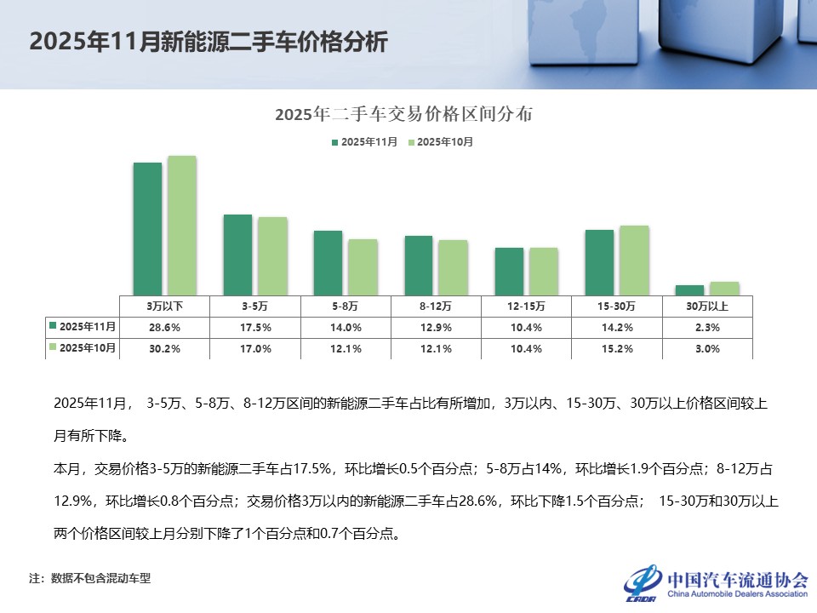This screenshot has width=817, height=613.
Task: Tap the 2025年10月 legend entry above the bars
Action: click(441, 142)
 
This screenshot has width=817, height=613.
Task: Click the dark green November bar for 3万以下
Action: click(147, 228)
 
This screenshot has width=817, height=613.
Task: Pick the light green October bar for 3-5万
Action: click(272, 255)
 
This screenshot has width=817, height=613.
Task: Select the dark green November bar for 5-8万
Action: click(328, 262)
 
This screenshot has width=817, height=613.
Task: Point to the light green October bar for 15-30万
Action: click(634, 260)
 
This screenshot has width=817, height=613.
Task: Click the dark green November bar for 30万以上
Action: click(689, 289)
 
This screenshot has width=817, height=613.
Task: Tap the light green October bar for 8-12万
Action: click(453, 267)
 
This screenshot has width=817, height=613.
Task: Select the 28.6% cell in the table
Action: click(164, 327)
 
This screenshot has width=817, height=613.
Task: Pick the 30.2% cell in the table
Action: click(164, 348)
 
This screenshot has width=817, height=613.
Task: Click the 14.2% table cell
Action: click(617, 327)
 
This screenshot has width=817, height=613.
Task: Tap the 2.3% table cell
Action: click(707, 327)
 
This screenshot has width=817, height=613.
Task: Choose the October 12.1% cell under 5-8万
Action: click(346, 348)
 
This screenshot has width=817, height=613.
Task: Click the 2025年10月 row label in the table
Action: click(83, 347)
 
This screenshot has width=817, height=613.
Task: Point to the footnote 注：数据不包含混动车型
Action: click(89, 579)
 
